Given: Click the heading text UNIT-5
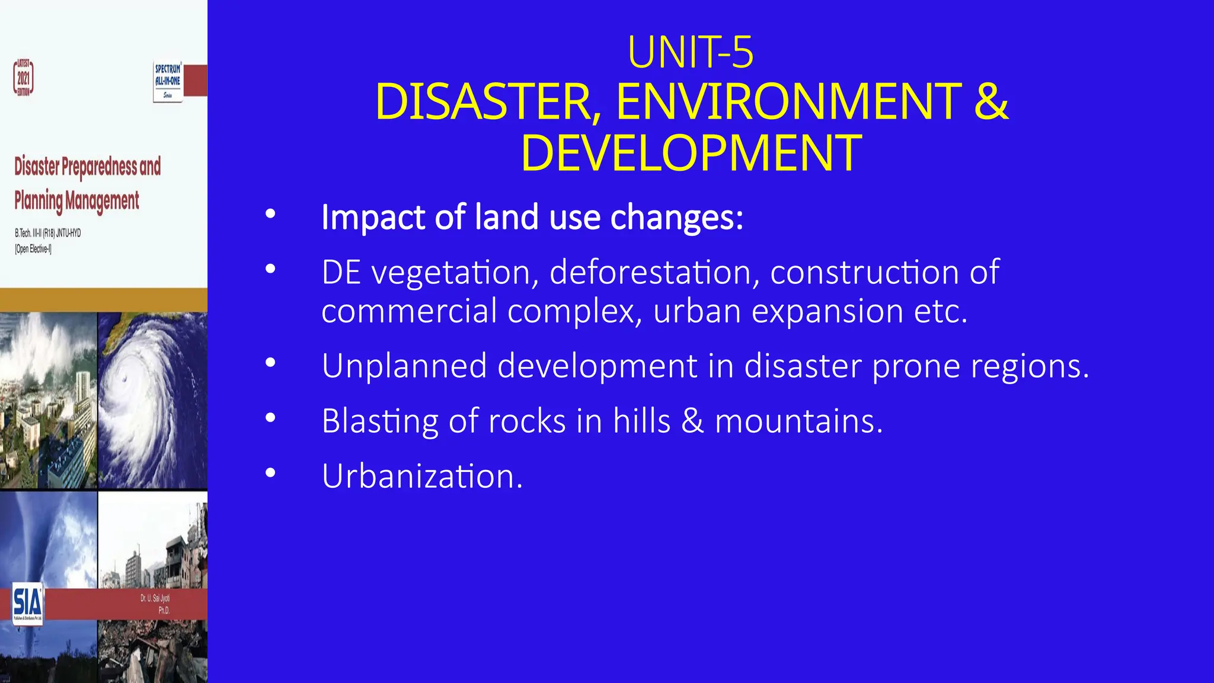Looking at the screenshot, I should pyautogui.click(x=691, y=53).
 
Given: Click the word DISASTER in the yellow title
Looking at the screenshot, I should pyautogui.click(x=484, y=102).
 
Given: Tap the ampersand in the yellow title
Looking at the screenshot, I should pyautogui.click(x=991, y=102).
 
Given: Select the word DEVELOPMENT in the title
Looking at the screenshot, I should pyautogui.click(x=691, y=153).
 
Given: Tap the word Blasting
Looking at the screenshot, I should pyautogui.click(x=380, y=421).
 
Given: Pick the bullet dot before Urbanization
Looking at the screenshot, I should pyautogui.click(x=271, y=473).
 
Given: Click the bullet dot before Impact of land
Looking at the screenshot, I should pyautogui.click(x=271, y=214).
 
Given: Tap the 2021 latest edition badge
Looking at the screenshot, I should pyautogui.click(x=24, y=78).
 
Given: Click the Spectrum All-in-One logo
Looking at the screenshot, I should pyautogui.click(x=168, y=81).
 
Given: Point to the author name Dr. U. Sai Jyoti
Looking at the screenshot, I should pyautogui.click(x=155, y=598).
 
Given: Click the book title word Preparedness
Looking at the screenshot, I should pyautogui.click(x=99, y=167).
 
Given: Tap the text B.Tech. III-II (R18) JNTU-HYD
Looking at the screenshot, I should pyautogui.click(x=48, y=233).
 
